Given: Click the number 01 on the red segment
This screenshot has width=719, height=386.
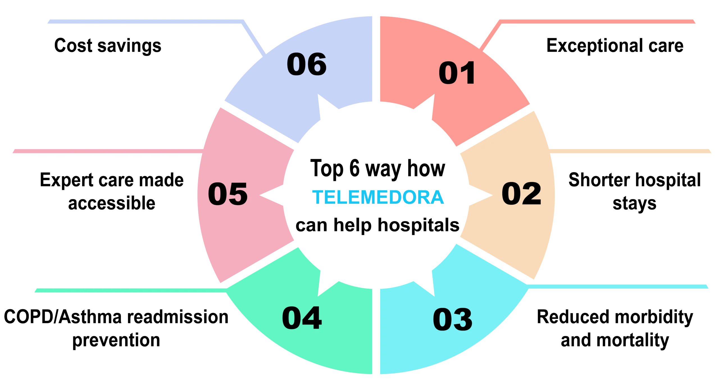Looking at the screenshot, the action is coord(457,73).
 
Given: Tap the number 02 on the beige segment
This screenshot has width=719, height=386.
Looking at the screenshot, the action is coord(521,194).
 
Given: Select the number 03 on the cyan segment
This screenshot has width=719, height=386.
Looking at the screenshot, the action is coord(452,319).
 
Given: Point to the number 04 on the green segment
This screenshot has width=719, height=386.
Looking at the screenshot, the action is coord(302,318).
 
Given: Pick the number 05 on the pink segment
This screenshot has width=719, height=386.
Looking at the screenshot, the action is coord(228,194).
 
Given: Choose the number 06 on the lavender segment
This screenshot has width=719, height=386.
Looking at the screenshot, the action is coord(307,64).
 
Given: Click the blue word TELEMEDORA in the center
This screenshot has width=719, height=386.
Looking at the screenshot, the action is coord(378,197).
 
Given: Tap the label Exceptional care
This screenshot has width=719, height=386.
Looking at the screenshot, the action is coord(615,46).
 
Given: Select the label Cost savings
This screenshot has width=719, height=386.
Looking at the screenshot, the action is coord(108,46).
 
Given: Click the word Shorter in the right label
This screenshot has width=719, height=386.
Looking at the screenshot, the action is coord(599,180).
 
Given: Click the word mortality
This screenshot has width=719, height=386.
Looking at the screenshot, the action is coord(633,340).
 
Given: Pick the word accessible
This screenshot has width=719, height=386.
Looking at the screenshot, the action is coord(112,203).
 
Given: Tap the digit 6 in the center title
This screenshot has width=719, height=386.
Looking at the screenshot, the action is coord(354,168).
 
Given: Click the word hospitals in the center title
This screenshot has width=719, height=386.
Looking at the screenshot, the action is coord(418,225).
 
